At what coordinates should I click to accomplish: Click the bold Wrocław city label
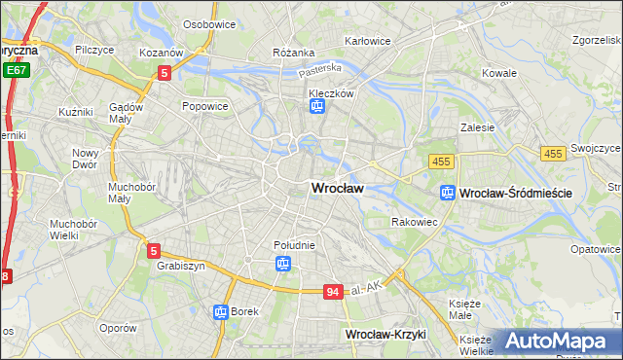337,189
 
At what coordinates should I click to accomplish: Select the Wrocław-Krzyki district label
386,334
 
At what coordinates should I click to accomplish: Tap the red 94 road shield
334,291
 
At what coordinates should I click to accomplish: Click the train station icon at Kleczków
316,108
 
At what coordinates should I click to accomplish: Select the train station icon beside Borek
220,312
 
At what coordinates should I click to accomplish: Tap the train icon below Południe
282,263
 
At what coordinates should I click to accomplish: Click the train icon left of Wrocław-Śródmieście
447,193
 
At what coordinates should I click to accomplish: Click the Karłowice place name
368,42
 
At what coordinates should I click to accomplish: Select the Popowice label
204,105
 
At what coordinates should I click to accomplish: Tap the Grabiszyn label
177,266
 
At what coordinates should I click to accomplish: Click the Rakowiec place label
413,222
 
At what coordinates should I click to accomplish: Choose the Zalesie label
477,127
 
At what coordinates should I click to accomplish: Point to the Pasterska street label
320,70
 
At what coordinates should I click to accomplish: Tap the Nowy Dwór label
86,159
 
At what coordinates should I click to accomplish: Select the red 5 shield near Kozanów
165,72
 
